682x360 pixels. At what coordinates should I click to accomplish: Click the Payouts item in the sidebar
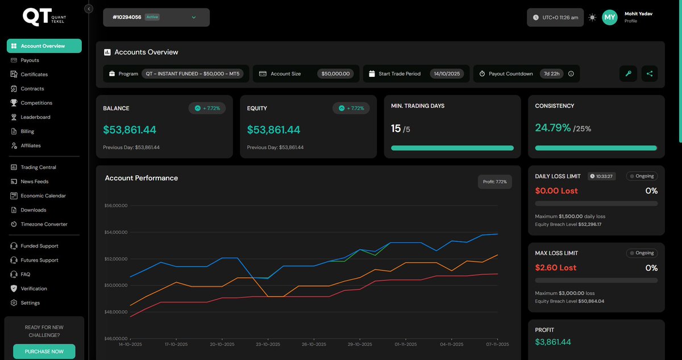coord(30,60)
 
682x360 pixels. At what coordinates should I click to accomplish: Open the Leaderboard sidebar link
coord(35,117)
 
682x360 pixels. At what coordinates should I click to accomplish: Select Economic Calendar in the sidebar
coord(43,196)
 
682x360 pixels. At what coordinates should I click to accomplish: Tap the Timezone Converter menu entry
coord(44,224)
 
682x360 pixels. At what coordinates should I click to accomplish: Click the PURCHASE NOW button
coord(44,351)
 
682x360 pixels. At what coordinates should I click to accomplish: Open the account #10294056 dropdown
coord(156,17)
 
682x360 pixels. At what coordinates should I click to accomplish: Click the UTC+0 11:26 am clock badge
coord(555,18)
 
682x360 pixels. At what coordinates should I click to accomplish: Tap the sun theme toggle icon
coord(592,18)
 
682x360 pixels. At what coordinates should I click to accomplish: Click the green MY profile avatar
coord(610,18)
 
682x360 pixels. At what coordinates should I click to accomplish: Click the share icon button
coord(650,73)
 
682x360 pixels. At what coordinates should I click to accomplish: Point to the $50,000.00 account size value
coord(335,74)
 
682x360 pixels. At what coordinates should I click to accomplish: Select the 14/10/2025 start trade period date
coord(446,74)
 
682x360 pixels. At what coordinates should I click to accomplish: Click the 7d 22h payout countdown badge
coord(551,74)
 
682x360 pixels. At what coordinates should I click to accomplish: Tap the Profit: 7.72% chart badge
coord(495,182)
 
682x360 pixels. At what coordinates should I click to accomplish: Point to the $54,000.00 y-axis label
coord(116,232)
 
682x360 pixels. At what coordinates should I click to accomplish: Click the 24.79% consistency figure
coord(552,128)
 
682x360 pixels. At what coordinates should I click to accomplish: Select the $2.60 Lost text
coord(556,268)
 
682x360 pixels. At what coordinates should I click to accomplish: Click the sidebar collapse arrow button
coord(89,9)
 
